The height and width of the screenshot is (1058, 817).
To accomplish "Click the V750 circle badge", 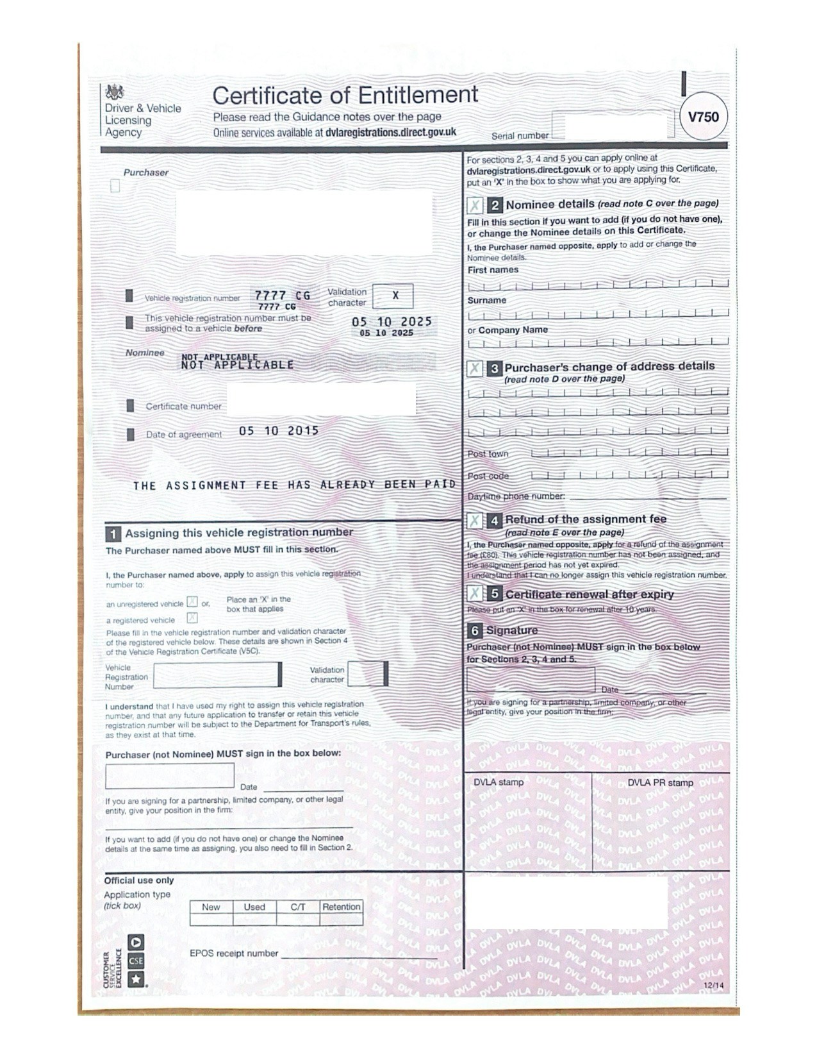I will click(703, 117).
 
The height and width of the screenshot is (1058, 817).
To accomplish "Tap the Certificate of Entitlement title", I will click(345, 96).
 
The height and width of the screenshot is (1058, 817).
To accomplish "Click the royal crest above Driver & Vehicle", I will click(115, 92).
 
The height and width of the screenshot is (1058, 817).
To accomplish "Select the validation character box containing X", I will click(393, 296).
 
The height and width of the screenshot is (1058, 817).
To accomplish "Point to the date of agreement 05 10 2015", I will click(279, 431).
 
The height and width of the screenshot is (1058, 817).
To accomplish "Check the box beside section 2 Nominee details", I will click(475, 205).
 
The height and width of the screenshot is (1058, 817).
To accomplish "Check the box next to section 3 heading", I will click(475, 368).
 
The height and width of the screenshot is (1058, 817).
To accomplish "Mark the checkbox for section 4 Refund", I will click(475, 520).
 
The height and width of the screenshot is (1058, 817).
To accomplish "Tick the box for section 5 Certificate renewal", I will click(475, 594).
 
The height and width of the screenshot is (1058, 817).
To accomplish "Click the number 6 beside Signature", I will click(475, 630).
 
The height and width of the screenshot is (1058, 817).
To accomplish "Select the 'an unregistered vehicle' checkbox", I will click(192, 602).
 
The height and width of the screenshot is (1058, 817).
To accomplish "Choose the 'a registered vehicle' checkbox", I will click(192, 618).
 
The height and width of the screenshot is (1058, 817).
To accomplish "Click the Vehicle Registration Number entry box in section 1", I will click(217, 675).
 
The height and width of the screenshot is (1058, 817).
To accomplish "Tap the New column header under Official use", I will click(211, 907).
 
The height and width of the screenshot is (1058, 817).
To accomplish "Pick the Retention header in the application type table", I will click(341, 907).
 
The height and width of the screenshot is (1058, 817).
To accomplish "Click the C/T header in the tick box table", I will click(298, 907).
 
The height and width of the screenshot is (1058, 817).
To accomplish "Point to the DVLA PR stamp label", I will click(660, 782).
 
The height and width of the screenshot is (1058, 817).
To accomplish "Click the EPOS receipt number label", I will click(234, 953).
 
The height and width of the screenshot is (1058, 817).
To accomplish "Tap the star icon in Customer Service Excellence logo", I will click(136, 979).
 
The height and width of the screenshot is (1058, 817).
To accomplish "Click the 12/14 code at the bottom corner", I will click(713, 986).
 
